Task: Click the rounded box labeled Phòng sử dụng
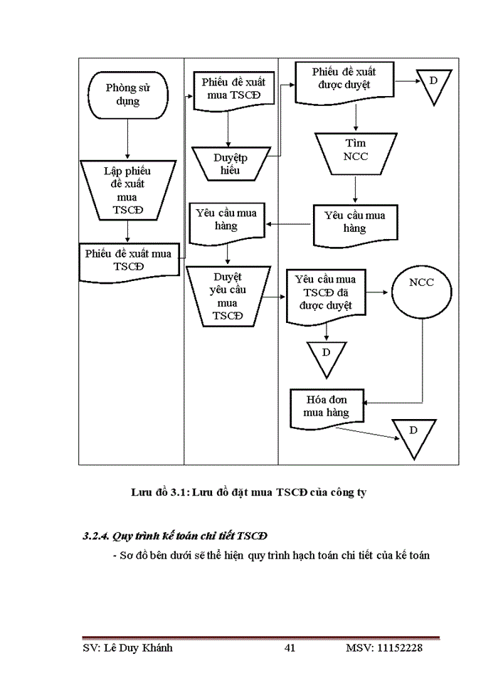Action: [127, 94]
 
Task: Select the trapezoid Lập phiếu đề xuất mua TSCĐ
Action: [127, 190]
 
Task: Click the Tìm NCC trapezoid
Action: [355, 150]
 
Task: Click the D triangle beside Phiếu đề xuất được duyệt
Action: [433, 85]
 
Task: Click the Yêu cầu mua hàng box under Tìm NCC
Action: [355, 221]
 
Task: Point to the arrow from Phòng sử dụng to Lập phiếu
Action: [127, 139]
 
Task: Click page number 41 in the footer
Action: [290, 648]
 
